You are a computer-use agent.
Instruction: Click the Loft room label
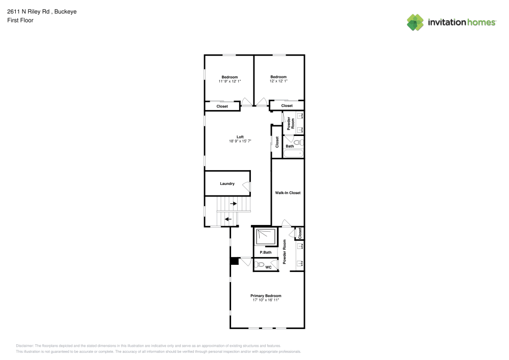(x=240, y=136)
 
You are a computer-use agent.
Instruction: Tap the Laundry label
(x=227, y=184)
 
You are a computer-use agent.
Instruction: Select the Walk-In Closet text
(x=288, y=193)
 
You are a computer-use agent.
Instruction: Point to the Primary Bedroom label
(x=266, y=296)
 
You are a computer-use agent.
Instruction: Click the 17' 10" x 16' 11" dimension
(x=266, y=300)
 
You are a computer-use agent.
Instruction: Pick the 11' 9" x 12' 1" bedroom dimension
(x=230, y=81)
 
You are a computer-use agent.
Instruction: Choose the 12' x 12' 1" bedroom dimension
(x=278, y=81)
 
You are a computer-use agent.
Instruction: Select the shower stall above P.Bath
(x=266, y=237)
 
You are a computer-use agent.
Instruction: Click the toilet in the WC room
(x=260, y=265)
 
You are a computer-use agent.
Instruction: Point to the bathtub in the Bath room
(x=294, y=153)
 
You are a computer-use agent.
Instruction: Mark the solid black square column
(x=234, y=261)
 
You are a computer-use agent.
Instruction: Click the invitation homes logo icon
(x=415, y=22)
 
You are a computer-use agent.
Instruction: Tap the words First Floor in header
(x=20, y=20)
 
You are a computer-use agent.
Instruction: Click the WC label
(x=268, y=267)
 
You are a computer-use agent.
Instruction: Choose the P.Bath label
(x=265, y=253)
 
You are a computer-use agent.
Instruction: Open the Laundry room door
(x=247, y=187)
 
